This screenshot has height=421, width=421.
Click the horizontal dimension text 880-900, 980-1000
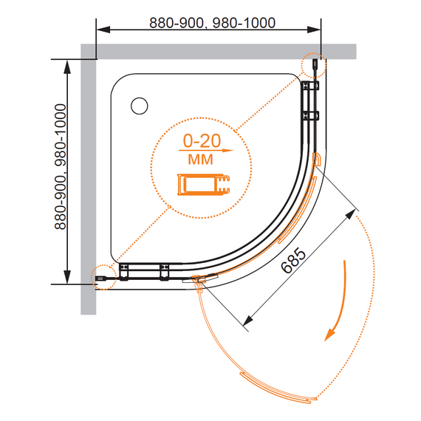click(212, 23)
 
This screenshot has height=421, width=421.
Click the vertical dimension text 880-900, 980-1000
click(60, 167)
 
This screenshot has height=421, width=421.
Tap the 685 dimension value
click(293, 261)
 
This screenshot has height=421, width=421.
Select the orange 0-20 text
click(202, 140)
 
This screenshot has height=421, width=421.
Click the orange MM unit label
click(200, 160)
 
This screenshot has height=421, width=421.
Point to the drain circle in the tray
click(140, 106)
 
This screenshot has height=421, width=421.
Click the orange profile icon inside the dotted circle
click(204, 184)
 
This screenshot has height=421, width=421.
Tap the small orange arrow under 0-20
click(206, 151)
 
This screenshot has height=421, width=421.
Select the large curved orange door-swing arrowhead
click(330, 335)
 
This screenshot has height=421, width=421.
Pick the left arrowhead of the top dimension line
click(103, 30)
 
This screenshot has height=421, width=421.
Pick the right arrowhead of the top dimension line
click(314, 30)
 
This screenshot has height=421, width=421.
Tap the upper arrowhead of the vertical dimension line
click(67, 66)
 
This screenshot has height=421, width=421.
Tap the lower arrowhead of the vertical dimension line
click(67, 277)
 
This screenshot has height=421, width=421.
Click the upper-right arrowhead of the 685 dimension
click(350, 215)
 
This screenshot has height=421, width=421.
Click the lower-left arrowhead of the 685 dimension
click(248, 320)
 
